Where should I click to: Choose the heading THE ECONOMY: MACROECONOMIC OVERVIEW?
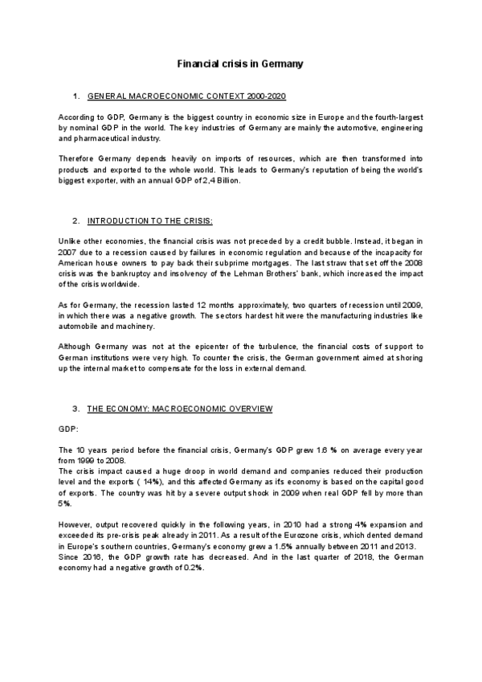(179, 409)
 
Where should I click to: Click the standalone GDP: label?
(68, 428)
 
